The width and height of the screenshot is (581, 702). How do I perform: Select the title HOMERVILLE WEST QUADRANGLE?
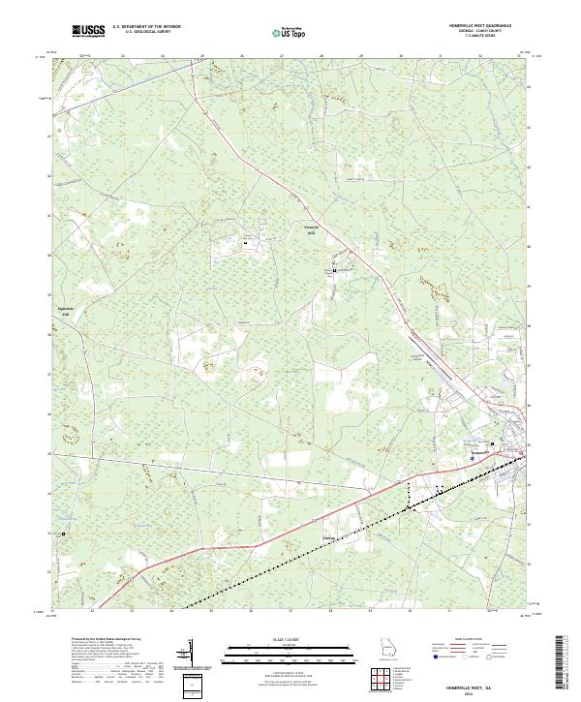474,26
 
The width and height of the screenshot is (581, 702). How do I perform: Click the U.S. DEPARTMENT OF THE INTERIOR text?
146,27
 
